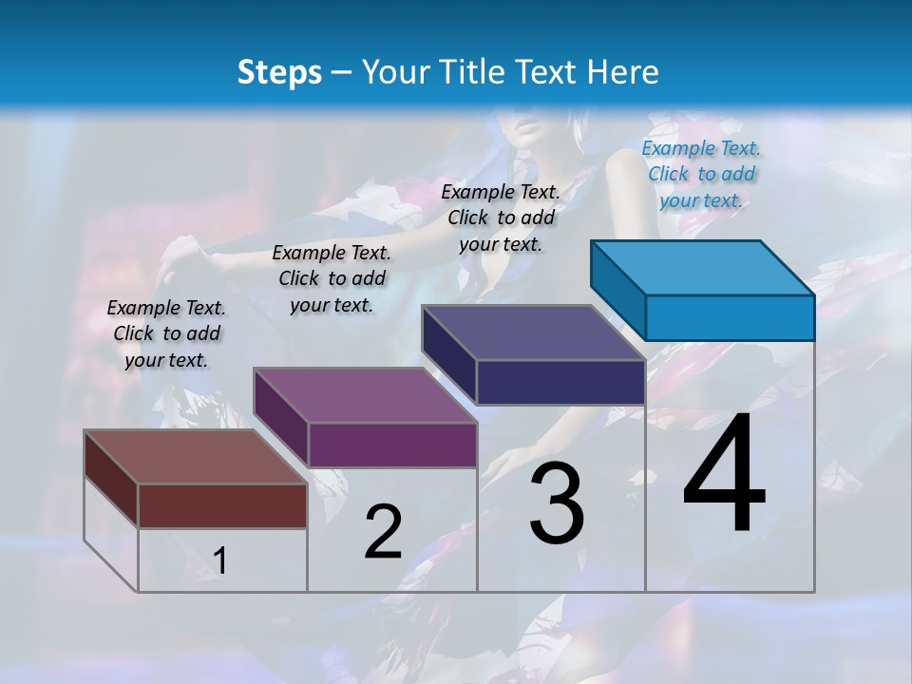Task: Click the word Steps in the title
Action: [x=278, y=72]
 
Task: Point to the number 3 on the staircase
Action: [x=557, y=503]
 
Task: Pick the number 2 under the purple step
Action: [x=383, y=532]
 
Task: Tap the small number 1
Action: [x=219, y=560]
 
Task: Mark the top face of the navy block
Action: [x=534, y=332]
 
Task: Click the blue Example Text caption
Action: [x=701, y=174]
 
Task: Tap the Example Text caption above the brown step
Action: [x=166, y=333]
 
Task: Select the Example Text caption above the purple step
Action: [x=332, y=278]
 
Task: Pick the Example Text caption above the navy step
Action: [x=501, y=218]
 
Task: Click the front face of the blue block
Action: [x=730, y=317]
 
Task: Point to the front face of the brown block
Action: [x=222, y=505]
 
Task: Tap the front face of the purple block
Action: [x=391, y=445]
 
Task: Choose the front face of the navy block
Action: [x=560, y=382]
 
